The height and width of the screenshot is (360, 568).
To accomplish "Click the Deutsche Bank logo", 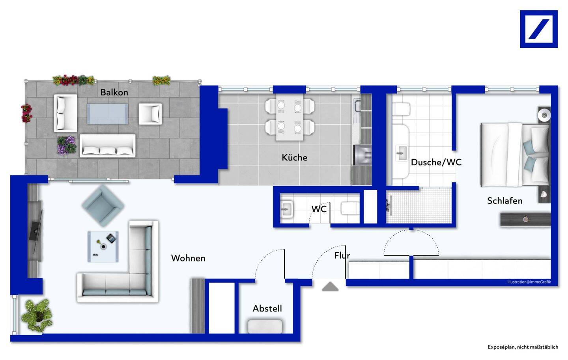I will [x=538, y=29].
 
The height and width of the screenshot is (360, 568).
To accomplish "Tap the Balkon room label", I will [x=114, y=92].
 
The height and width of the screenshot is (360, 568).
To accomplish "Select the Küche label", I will [x=294, y=157].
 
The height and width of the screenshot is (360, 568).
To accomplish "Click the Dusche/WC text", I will [x=436, y=162].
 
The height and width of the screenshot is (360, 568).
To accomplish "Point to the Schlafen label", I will [x=504, y=201].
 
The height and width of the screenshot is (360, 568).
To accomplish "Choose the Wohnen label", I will [x=188, y=258].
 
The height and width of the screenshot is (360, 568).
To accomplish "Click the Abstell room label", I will [x=267, y=308].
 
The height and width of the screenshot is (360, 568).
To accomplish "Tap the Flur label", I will [x=342, y=256].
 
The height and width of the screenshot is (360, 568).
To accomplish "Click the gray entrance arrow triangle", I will [x=330, y=287].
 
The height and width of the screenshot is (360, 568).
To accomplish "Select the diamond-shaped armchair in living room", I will [x=103, y=205].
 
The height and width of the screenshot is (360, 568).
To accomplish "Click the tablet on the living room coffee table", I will [x=111, y=239].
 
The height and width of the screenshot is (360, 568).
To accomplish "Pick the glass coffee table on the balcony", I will [x=107, y=114].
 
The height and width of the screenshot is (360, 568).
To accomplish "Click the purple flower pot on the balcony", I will [x=66, y=145].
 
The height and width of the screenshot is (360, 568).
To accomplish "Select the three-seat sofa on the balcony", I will [x=107, y=146].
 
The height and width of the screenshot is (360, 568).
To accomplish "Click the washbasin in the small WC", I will [x=287, y=209].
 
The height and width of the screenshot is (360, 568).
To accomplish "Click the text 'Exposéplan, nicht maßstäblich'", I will [x=523, y=347].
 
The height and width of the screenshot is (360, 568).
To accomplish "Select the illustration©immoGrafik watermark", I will [x=529, y=282].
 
